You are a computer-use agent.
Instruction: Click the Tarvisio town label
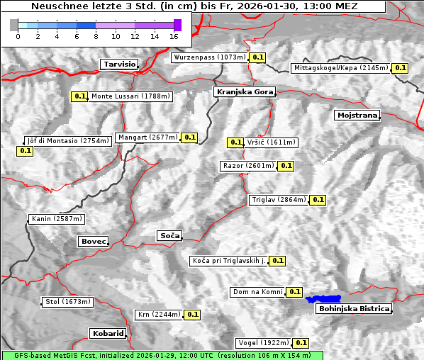pyautogui.click(x=119, y=64)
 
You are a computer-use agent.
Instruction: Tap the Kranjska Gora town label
pyautogui.click(x=243, y=92)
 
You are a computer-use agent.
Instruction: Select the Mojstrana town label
pyautogui.click(x=357, y=115)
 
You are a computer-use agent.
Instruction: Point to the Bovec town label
pyautogui.click(x=93, y=242)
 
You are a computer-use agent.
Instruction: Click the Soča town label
pyautogui.click(x=169, y=235)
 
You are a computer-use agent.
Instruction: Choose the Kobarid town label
pyautogui.click(x=108, y=333)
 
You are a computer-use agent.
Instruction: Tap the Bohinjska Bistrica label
pyautogui.click(x=354, y=308)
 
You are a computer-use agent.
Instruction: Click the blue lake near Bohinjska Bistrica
pyautogui.click(x=323, y=299)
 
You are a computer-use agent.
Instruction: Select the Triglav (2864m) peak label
pyautogui.click(x=279, y=200)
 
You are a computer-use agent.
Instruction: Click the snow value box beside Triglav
pyautogui.click(x=318, y=200)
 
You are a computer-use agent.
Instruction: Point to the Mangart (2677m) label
pyautogui.click(x=147, y=137)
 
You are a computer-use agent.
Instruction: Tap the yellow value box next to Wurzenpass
pyautogui.click(x=258, y=57)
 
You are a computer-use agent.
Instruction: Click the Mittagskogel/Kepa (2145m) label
pyautogui.click(x=341, y=68)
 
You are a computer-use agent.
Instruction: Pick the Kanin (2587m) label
pyautogui.click(x=57, y=219)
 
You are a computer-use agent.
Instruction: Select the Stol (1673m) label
pyautogui.click(x=68, y=302)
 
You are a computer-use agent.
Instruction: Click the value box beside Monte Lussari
pyautogui.click(x=79, y=96)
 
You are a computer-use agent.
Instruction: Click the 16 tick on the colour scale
pyautogui.click(x=174, y=36)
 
